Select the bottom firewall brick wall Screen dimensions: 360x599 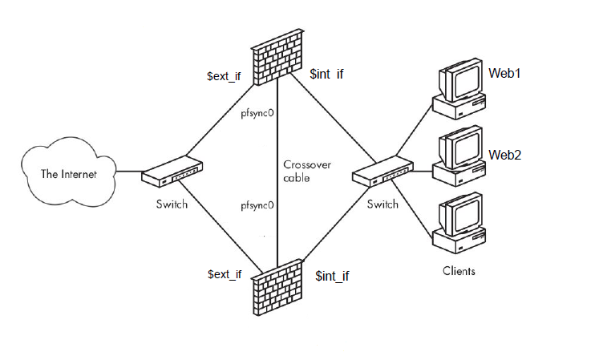(x=277, y=287)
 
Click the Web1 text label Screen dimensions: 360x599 (x=505, y=73)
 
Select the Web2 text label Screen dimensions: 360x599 (x=505, y=154)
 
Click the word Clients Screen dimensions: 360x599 (x=459, y=271)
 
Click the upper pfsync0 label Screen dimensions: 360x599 (x=258, y=113)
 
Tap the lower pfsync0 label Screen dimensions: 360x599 (x=258, y=206)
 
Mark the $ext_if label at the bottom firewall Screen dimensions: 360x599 (x=224, y=275)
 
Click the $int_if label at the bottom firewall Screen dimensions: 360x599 (x=332, y=276)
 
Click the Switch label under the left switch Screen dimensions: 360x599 (x=172, y=204)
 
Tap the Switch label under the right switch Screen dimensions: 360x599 (x=382, y=204)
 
